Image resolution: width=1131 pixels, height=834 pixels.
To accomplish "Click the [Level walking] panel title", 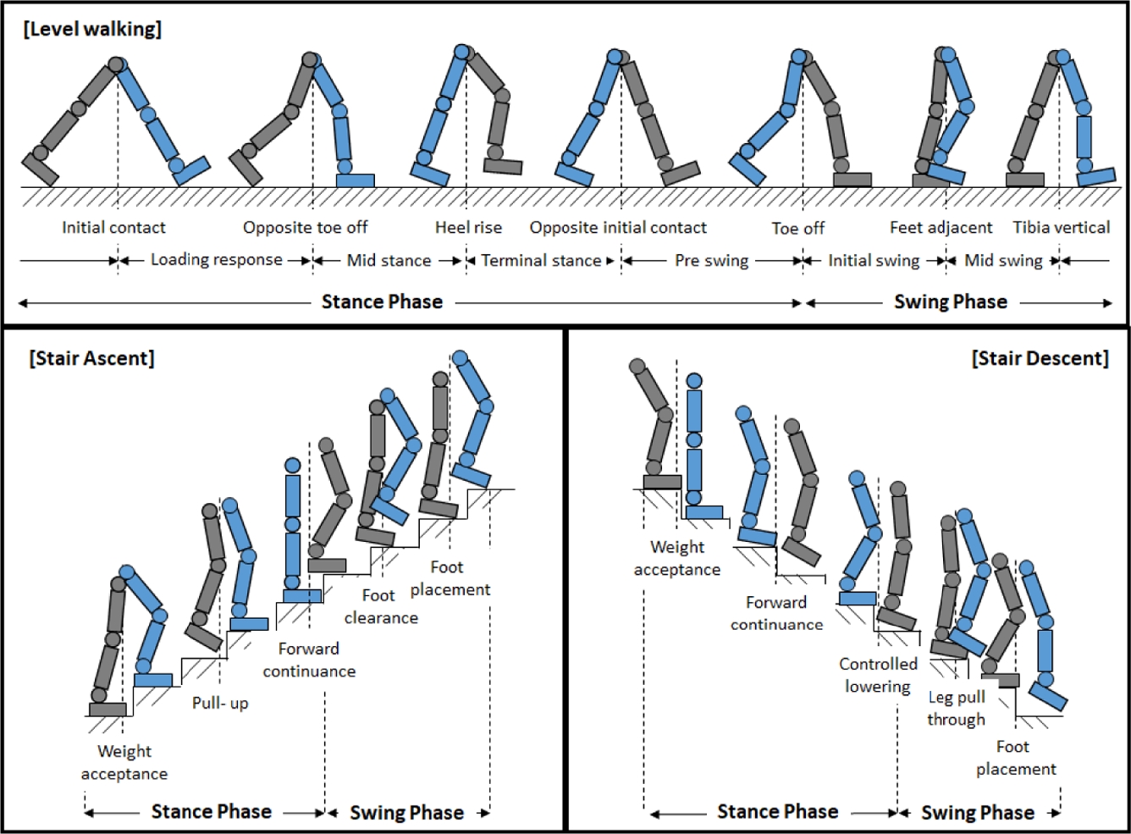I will [x=92, y=29].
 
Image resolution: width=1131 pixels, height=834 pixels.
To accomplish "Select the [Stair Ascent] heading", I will [x=91, y=358].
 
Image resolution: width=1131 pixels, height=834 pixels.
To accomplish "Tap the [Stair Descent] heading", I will [x=1040, y=358].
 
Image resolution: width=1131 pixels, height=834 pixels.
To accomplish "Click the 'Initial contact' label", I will [x=113, y=227].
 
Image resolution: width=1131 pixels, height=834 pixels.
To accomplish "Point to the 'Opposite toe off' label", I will [x=306, y=227].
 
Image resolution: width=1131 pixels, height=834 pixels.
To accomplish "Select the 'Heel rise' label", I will [x=468, y=227].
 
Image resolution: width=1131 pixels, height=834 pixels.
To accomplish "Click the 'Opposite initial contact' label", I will [x=618, y=227].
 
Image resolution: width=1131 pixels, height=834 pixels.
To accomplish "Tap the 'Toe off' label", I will [x=797, y=228].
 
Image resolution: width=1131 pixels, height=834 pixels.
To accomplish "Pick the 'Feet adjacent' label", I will [x=941, y=227].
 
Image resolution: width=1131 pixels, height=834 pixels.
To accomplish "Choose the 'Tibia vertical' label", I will [x=1062, y=227].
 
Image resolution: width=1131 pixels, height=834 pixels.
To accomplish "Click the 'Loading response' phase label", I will [x=217, y=260].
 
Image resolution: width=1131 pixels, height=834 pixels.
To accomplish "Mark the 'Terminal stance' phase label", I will [x=541, y=261].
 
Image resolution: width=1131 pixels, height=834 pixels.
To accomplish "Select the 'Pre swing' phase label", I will [x=712, y=261].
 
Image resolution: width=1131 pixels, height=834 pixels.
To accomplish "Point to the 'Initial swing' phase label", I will [x=874, y=261].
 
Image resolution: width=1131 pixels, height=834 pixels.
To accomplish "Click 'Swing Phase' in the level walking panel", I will [x=951, y=302].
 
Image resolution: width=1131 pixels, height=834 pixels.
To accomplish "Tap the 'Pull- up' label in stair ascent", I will [x=220, y=703].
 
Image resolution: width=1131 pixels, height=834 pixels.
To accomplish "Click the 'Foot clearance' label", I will [x=381, y=606].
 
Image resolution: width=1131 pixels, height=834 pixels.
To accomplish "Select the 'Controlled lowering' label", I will [x=878, y=675].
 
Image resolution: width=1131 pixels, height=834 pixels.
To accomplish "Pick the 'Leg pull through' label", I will [x=957, y=708].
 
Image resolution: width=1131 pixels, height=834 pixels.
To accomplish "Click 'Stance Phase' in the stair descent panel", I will [x=778, y=812].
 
